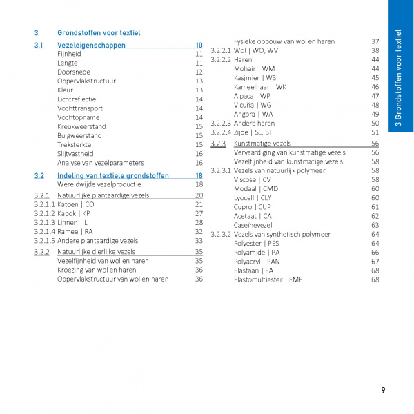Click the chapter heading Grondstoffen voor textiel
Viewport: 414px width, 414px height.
[x=99, y=32]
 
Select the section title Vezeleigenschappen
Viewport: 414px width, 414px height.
[x=91, y=45]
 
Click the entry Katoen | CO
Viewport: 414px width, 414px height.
[x=75, y=204]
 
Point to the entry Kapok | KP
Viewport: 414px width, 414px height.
[x=74, y=213]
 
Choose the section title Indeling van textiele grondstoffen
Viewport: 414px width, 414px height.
[x=112, y=176]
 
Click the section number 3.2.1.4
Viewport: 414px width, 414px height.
[x=44, y=232]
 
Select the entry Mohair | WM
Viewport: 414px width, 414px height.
[x=254, y=69]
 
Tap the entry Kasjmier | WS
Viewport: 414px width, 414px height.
[x=255, y=78]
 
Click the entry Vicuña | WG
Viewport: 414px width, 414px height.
[x=253, y=105]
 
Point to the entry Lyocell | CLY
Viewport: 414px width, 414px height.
[x=253, y=198]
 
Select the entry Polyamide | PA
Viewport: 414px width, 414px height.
[x=257, y=253]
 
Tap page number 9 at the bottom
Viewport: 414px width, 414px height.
[x=383, y=391]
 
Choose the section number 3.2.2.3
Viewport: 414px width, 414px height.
[x=220, y=124]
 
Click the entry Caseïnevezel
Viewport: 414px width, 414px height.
[x=253, y=225]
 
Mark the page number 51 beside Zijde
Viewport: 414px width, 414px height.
[x=375, y=132]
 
